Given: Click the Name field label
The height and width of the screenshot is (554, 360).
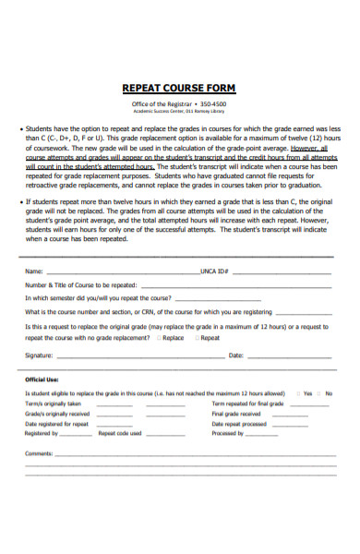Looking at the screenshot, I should pyautogui.click(x=33, y=272).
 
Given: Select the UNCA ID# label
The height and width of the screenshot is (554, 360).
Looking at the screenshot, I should pyautogui.click(x=214, y=272).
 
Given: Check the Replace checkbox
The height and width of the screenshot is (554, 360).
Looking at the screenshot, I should pyautogui.click(x=158, y=338).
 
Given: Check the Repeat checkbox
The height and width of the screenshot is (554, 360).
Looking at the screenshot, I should pyautogui.click(x=198, y=338).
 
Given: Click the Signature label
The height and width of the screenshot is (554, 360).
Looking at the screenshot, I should pyautogui.click(x=39, y=355).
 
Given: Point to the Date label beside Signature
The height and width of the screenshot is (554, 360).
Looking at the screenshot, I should pyautogui.click(x=235, y=355).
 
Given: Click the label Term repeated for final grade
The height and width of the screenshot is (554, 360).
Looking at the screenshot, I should pyautogui.click(x=247, y=403).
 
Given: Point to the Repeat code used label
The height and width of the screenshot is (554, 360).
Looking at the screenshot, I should pyautogui.click(x=120, y=433).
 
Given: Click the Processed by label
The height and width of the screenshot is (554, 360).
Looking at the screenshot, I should pyautogui.click(x=228, y=433).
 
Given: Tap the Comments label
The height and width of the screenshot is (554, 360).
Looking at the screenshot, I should pyautogui.click(x=40, y=453).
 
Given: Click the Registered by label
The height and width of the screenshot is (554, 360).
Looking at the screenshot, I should pyautogui.click(x=42, y=433).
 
